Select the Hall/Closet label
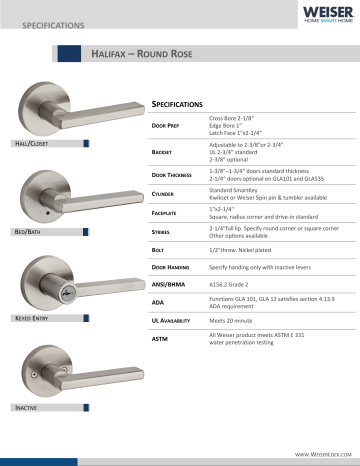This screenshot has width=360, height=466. [26, 145]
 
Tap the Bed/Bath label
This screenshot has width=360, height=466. [25, 231]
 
